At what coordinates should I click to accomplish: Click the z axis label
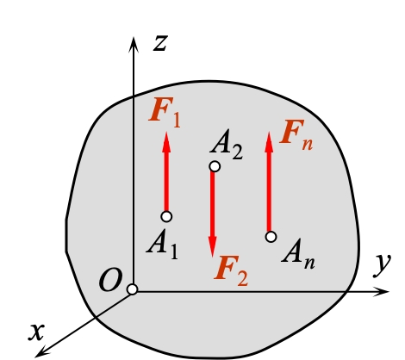point(160,44)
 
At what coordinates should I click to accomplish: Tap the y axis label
point(382,266)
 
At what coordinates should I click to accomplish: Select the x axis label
point(36,332)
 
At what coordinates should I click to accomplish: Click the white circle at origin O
point(132,289)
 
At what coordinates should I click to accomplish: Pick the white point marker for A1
point(166,216)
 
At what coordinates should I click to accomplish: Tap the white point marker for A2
point(215,166)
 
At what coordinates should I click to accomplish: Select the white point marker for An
point(271,237)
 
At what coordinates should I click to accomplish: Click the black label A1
point(162,244)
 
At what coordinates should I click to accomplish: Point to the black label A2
point(227,145)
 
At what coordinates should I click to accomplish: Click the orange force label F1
point(165,113)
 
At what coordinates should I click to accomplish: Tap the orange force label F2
point(231,271)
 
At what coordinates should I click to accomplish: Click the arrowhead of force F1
point(166,142)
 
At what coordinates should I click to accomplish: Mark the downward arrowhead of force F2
point(213,246)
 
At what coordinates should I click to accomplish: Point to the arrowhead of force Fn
point(269,142)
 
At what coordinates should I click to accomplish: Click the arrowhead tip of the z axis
point(134,37)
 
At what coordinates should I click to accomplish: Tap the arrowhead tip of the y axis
point(389,291)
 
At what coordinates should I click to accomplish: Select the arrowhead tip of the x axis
point(35,357)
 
